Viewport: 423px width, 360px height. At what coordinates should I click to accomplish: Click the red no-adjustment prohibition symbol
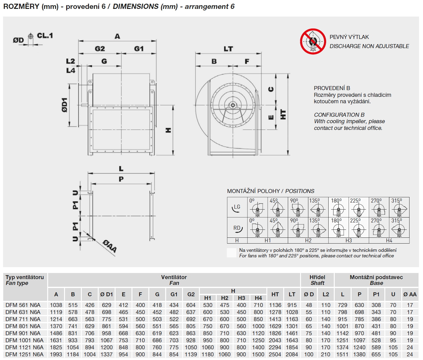[313, 41]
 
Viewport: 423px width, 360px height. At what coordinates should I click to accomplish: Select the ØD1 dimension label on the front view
[65, 105]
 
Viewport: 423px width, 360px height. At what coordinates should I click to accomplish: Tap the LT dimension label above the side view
[228, 49]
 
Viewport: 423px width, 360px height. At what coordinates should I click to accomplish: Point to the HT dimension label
[283, 114]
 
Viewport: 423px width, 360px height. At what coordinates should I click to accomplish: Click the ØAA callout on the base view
[110, 246]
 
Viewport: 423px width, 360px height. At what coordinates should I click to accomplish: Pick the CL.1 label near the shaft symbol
[45, 36]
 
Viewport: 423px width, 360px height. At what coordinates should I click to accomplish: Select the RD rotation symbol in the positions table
[237, 228]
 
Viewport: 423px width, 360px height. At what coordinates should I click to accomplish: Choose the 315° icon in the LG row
[399, 207]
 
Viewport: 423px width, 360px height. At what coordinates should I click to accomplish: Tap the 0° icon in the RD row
[257, 228]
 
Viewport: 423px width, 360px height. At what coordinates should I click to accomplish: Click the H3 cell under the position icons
[349, 241]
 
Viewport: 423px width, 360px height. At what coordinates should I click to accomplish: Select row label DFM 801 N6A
[23, 326]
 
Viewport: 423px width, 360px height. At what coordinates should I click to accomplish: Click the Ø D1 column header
[106, 294]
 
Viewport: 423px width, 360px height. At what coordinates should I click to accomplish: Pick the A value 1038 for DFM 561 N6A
[56, 305]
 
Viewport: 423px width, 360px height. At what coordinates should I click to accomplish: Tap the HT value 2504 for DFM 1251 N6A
[275, 354]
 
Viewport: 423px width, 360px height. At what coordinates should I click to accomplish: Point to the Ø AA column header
[410, 294]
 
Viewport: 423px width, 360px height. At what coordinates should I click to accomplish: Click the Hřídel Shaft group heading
[317, 280]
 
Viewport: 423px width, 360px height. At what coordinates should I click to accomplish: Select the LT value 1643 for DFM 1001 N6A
[292, 340]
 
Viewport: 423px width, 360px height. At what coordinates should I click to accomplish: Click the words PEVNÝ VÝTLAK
[349, 37]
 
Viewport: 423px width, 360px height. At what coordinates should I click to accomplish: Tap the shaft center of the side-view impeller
[233, 105]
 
